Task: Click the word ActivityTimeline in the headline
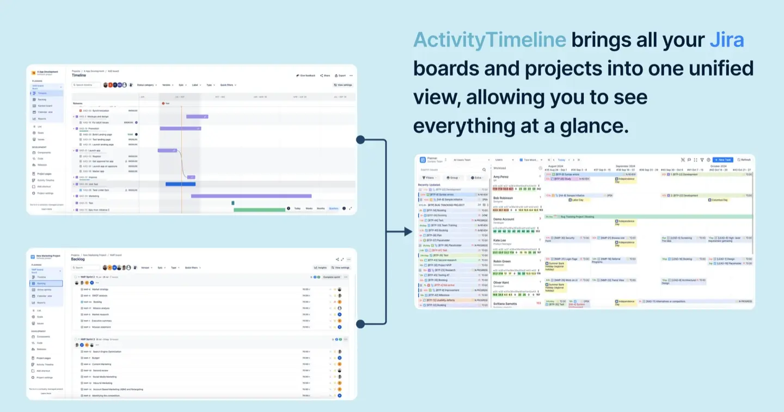point(489,40)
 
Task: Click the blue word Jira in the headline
point(726,40)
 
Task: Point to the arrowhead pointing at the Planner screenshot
point(408,232)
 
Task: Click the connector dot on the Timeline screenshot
point(360,140)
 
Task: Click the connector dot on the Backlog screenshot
point(360,324)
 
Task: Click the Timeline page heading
point(79,76)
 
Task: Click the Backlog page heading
point(78,259)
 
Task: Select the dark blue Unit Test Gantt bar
point(180,184)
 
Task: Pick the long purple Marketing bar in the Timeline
point(251,196)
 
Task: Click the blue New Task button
point(723,160)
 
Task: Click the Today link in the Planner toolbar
point(561,160)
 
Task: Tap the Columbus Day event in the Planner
point(720,200)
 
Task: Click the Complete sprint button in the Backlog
point(332,277)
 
